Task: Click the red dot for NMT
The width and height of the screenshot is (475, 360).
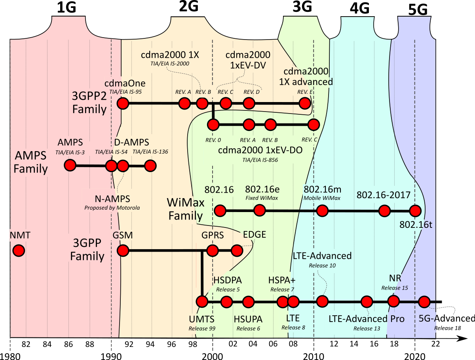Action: point(18,250)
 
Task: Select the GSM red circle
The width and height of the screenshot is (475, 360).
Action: point(123,250)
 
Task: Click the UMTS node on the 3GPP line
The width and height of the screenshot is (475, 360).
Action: point(202,302)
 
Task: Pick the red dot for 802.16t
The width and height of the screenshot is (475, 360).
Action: point(415,210)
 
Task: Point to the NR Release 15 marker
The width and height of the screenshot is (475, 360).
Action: point(393,301)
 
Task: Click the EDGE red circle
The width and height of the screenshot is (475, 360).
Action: point(237,250)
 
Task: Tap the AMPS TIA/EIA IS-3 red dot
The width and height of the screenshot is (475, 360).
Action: point(70,165)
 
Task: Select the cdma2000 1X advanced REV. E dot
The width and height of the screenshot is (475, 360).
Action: point(304,104)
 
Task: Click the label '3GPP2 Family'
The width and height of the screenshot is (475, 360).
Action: point(89,102)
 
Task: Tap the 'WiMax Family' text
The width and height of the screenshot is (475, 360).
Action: point(186,210)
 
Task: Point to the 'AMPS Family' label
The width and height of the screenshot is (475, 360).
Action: point(30,161)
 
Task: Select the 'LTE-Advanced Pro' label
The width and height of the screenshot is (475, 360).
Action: point(367,318)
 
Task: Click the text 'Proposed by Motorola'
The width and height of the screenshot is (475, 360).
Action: point(112,207)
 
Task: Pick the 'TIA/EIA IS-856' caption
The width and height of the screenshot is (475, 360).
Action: point(260,160)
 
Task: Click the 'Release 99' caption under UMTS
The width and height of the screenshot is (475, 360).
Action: point(202,328)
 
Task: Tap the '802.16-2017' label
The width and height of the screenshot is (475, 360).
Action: point(383,195)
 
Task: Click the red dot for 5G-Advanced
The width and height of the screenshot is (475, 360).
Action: point(424,302)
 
